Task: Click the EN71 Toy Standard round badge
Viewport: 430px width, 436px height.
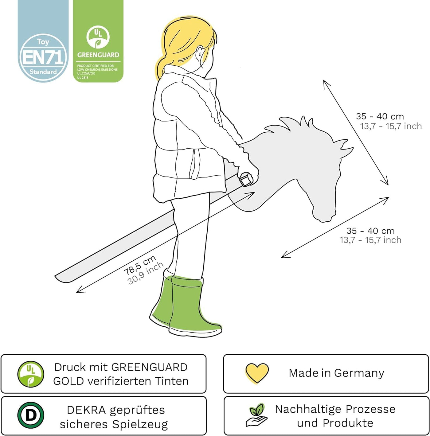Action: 43,58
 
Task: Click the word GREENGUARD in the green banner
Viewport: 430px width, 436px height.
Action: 98,55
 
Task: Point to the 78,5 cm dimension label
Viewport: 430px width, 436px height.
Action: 140,265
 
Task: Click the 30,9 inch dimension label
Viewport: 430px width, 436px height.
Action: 146,273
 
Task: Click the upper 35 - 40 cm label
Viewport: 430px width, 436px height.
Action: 380,116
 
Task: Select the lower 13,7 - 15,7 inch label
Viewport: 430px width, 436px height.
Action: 370,240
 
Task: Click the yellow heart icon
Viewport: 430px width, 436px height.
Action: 257,373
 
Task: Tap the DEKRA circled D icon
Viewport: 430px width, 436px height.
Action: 31,415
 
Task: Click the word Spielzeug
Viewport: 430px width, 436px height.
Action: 140,424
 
